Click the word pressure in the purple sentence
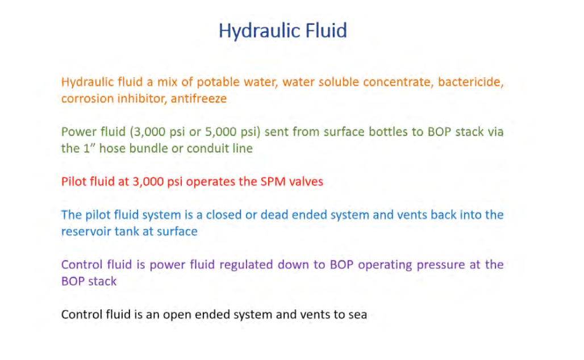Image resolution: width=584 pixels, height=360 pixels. click(441, 265)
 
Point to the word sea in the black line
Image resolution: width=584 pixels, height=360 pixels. click(357, 315)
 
